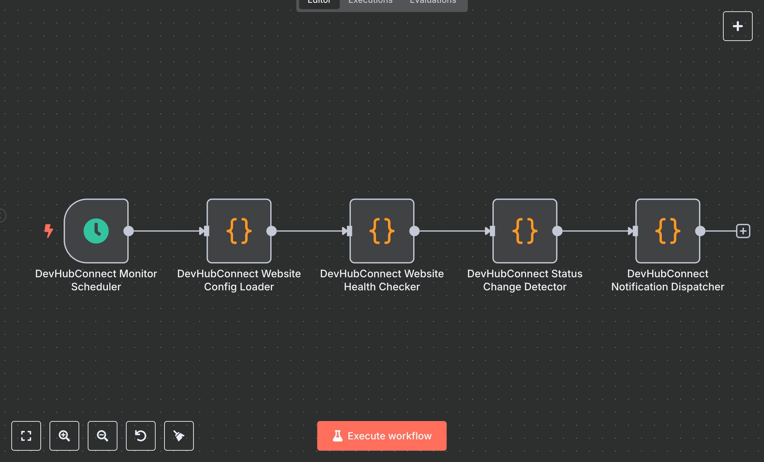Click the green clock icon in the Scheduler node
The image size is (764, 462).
coord(96,231)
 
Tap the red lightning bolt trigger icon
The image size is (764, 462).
coord(48,231)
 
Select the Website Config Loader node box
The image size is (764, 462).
coord(239,231)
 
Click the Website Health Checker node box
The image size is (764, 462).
coord(382,231)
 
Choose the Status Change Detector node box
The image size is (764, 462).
coord(525,231)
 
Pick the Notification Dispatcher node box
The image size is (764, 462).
coord(668,231)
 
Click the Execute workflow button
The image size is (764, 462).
coord(382,436)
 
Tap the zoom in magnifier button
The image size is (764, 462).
coord(64,436)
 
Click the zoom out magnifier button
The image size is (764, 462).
coord(103,436)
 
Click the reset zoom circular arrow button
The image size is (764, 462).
coord(141,436)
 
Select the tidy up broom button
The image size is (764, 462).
coord(179,436)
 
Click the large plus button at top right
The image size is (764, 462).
coord(737,26)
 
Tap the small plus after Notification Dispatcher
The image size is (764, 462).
coord(743,231)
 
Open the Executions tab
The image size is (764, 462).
coord(370,2)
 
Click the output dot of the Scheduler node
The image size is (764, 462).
coord(129,231)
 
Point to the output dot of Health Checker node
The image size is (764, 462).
coord(415,231)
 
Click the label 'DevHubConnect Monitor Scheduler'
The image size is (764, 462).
coord(96,280)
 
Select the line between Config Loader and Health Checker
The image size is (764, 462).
coord(308,231)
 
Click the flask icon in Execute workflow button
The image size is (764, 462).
coord(338,436)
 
